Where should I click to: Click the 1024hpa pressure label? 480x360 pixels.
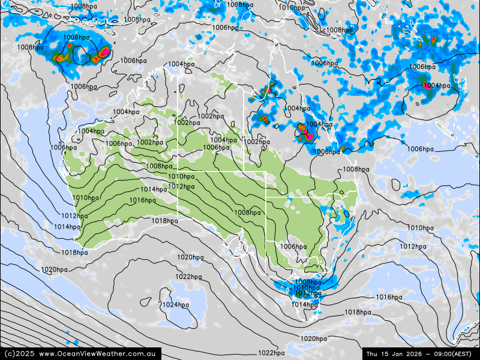click(x=176, y=305)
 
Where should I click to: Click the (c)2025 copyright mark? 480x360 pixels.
click(x=18, y=353)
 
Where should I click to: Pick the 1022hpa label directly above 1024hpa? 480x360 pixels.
click(x=188, y=277)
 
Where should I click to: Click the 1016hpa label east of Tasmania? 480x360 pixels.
click(x=389, y=297)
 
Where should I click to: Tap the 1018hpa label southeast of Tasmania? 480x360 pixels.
click(x=358, y=312)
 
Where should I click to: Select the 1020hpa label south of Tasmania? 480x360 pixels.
click(x=314, y=339)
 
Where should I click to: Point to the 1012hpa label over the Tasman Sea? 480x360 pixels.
click(x=413, y=247)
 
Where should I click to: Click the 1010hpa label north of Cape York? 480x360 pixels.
click(x=292, y=8)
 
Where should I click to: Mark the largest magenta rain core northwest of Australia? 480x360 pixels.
click(x=105, y=52)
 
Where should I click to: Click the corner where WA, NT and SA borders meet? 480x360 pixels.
click(x=178, y=169)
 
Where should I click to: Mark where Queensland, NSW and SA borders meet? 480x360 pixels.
click(x=266, y=197)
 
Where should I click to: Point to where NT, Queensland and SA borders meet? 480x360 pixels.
click(x=244, y=171)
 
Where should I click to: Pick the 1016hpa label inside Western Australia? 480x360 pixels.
click(x=142, y=200)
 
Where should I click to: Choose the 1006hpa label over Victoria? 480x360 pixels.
click(x=293, y=247)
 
